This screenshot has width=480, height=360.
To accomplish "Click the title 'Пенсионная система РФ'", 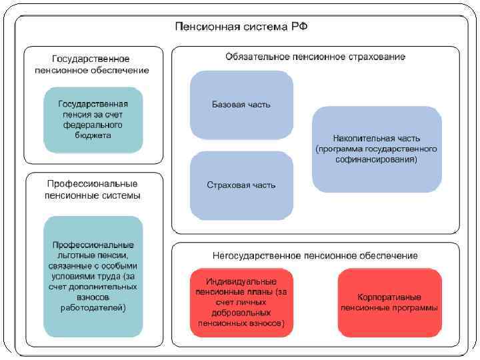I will click(241, 27).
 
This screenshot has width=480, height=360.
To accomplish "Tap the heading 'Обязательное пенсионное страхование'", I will click(315, 57).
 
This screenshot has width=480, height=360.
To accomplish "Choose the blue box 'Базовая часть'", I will click(241, 105).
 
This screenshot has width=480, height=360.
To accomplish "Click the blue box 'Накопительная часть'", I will click(376, 149).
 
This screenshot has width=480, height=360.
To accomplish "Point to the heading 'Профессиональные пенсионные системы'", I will click(93, 189).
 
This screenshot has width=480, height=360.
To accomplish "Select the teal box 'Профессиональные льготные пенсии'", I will click(93, 277).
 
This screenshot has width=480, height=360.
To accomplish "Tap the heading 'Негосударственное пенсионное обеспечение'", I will click(315, 255).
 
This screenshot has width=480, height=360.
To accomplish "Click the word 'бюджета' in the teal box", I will click(93, 135).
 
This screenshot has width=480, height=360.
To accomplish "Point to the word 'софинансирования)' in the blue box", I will click(377, 160).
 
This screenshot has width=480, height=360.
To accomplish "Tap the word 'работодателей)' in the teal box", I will click(93, 308).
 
